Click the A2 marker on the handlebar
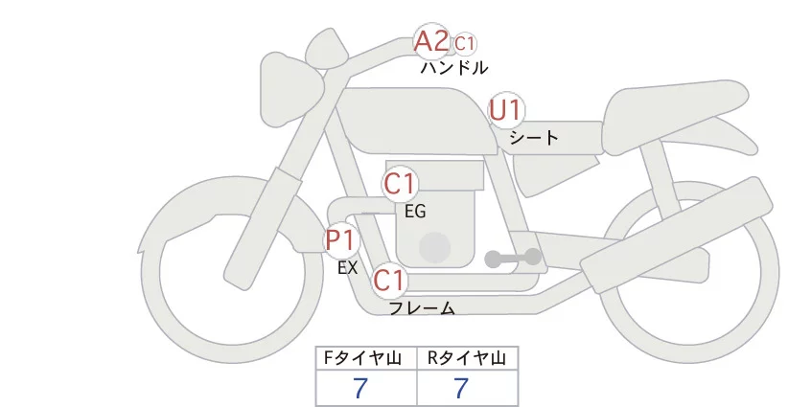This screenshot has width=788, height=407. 430,41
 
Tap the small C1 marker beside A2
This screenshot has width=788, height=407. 465,43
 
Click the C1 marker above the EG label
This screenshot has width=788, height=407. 400,183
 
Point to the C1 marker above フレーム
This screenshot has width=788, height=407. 389,281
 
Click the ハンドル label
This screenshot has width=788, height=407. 453,68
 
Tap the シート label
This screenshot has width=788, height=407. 534,137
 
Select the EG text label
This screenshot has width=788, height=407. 415,211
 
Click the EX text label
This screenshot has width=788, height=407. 347,268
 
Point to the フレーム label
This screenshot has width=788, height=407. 421,308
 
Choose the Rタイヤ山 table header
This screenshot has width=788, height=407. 467,358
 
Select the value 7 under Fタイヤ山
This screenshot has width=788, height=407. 360,388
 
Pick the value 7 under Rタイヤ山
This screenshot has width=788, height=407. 462,388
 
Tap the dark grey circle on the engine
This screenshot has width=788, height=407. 436,246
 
